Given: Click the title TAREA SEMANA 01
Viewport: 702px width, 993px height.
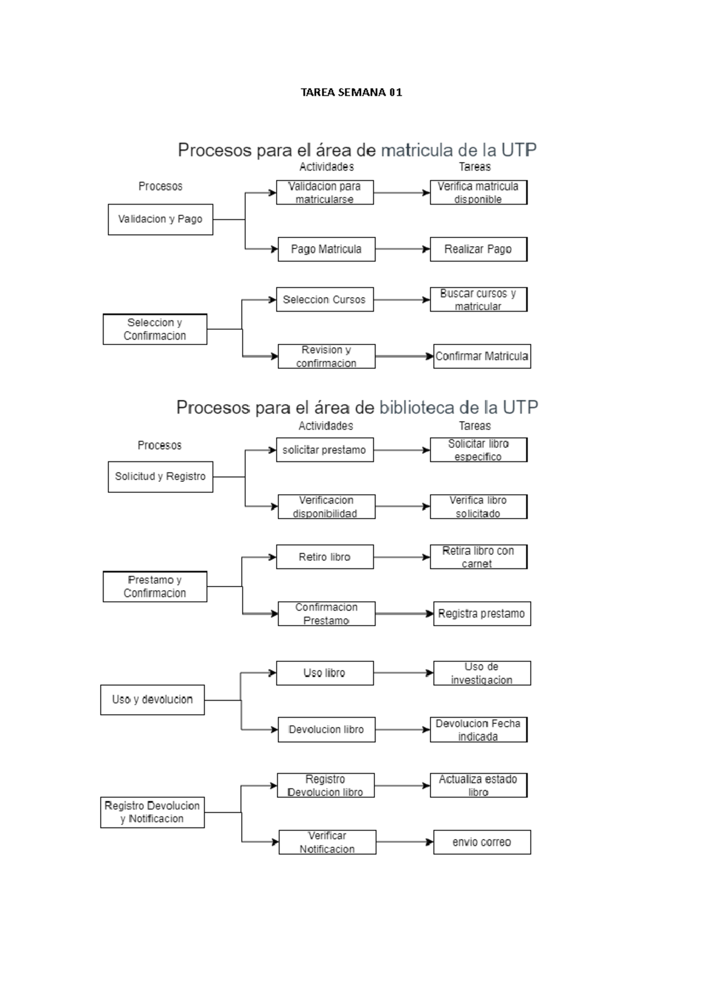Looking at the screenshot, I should [351, 92].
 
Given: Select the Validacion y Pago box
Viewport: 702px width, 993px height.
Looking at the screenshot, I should [160, 219].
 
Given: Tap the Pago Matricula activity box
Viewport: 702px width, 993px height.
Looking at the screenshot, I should [326, 249].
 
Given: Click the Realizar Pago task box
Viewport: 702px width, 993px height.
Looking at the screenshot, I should [478, 249].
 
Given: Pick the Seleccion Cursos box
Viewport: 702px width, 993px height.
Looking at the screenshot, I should [324, 299].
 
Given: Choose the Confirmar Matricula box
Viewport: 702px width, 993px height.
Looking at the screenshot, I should [481, 356].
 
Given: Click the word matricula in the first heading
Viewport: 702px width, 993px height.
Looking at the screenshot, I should [417, 150].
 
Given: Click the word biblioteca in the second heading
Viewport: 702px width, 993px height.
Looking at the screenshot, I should [417, 408].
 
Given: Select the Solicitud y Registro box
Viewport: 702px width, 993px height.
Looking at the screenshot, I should [160, 477].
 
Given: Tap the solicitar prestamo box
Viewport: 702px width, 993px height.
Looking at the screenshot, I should [324, 450].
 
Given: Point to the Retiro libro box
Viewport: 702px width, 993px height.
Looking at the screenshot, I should [324, 557].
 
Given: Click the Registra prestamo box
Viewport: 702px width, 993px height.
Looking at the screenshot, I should [481, 613].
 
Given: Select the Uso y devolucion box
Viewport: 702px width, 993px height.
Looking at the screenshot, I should [152, 699].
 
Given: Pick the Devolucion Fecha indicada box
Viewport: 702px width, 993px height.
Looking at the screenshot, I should [478, 730].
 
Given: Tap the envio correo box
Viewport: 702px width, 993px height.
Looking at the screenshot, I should [481, 842].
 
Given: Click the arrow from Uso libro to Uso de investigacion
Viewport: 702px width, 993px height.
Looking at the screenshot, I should [403, 673].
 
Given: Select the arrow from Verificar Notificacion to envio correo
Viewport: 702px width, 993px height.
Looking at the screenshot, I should [404, 842].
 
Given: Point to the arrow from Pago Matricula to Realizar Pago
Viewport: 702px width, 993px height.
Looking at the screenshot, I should [402, 249].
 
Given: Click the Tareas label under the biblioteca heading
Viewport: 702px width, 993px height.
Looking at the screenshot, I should [474, 426].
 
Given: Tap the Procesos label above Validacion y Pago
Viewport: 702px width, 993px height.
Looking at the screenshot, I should [160, 187].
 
